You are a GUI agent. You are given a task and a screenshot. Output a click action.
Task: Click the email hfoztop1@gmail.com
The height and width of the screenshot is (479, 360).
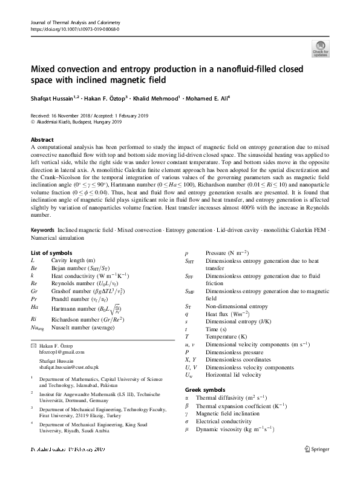coord(57,352)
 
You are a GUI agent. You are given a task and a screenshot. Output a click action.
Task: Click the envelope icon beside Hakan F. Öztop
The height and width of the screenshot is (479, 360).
coord(33,345)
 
